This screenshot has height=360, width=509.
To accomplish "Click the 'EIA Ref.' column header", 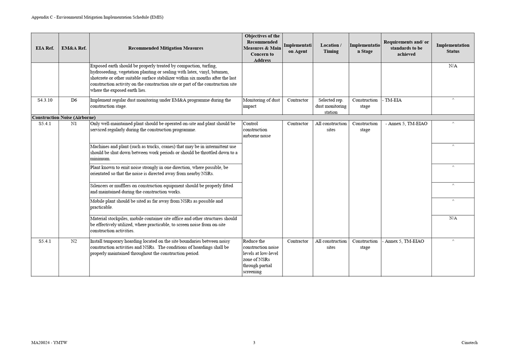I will tap(44, 48).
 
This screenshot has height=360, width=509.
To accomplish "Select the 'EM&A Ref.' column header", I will tap(74, 48).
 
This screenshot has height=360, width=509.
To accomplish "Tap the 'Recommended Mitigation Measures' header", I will tap(166, 48).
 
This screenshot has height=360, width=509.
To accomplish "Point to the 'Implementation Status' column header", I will tap(452, 48).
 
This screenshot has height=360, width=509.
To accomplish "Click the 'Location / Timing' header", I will tap(331, 48).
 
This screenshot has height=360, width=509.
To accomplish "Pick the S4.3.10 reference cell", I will tap(44, 100).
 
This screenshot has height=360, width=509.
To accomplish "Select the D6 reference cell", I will tap(74, 100).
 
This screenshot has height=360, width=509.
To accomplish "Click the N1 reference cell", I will tap(74, 124).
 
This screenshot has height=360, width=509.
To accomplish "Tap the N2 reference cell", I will tap(74, 242).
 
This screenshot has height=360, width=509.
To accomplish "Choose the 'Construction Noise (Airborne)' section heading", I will tap(64, 117).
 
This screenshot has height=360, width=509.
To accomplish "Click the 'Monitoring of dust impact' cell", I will tap(261, 103).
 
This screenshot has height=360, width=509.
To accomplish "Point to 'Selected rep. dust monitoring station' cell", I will tap(331, 106).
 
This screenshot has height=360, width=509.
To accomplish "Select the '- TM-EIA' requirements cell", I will tap(392, 100).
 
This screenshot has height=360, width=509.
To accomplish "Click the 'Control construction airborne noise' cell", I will tap(257, 130).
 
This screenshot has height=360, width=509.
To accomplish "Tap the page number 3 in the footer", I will tap(254, 343).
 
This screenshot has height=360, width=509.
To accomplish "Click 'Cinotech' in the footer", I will tap(469, 343).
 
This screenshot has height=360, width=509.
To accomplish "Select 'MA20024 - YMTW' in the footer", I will tap(49, 343).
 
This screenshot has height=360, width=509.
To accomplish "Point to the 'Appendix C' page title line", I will tap(97, 17).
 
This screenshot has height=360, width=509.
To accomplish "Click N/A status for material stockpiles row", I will tap(452, 219).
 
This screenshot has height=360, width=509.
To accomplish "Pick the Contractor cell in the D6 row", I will tap(298, 100).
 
